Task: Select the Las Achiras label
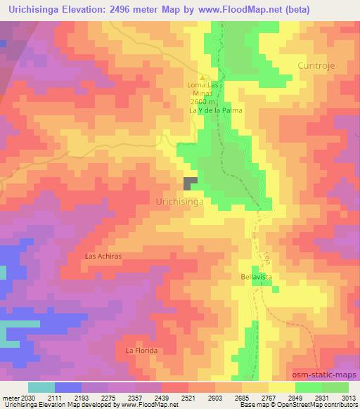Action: coord(103,257)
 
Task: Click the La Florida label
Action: coord(141,350)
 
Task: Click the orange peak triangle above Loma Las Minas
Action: coord(202,77)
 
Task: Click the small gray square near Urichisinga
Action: coord(190,183)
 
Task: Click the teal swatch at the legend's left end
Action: coord(41,387)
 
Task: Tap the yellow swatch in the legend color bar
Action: coord(281,387)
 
